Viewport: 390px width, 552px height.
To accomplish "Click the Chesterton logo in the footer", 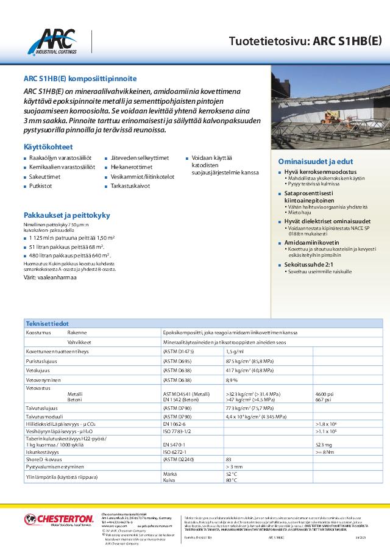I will (50, 520).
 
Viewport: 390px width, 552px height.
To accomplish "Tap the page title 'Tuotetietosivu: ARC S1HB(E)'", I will (305, 41).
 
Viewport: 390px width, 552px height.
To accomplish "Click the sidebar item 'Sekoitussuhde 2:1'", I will (306, 265).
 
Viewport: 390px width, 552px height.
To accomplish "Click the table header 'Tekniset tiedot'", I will (47, 323).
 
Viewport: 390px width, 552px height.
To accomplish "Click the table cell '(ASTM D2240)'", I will (179, 460).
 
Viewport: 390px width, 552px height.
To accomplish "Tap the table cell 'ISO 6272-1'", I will (175, 452).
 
